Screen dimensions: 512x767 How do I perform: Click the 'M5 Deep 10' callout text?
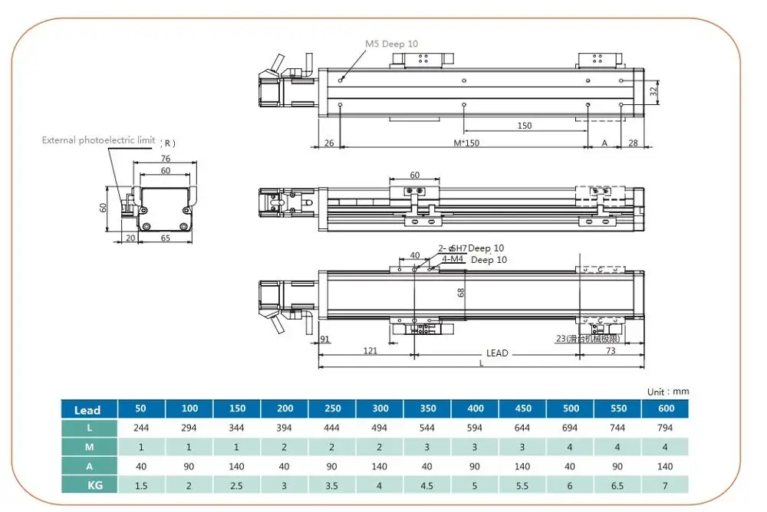click(x=391, y=44)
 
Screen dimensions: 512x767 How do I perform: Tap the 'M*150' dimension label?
click(x=466, y=143)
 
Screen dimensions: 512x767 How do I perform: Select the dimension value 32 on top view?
click(x=653, y=91)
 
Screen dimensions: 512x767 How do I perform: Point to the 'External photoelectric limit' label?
click(x=98, y=140)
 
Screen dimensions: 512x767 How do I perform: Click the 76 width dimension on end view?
click(x=165, y=159)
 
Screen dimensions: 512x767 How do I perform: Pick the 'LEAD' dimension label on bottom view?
click(x=497, y=353)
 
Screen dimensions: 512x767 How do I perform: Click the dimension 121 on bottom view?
click(x=370, y=350)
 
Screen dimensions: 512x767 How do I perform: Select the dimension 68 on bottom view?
click(x=462, y=292)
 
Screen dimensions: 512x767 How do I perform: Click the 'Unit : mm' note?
click(x=668, y=392)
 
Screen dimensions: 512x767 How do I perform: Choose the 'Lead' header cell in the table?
click(x=87, y=410)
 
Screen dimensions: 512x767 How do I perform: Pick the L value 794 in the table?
click(x=666, y=428)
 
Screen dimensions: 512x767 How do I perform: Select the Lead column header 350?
click(x=428, y=409)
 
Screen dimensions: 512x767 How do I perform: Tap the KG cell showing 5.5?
click(x=523, y=484)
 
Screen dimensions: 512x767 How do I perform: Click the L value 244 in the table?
click(x=142, y=428)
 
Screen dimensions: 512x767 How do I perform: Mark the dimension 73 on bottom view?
click(x=611, y=350)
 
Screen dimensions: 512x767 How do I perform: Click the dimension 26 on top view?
click(x=329, y=143)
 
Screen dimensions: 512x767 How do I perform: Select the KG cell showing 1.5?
click(x=142, y=484)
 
